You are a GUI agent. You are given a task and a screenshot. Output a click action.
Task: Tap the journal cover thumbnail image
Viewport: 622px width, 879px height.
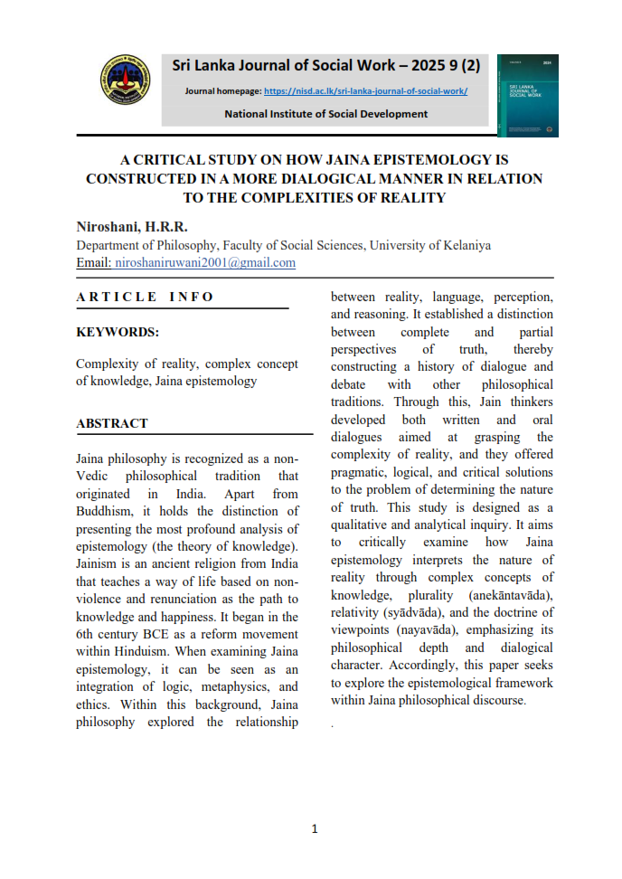click(527, 95)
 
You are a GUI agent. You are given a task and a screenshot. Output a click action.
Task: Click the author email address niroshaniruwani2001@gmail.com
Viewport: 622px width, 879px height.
click(205, 263)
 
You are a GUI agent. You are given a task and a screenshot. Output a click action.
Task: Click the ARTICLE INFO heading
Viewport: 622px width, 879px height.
click(146, 297)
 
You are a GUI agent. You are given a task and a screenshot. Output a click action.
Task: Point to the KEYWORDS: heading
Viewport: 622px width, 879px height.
click(118, 332)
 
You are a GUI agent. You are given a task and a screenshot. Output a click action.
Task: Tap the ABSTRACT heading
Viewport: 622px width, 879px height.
click(112, 422)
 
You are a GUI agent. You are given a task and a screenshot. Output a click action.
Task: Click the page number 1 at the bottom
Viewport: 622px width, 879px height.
click(314, 829)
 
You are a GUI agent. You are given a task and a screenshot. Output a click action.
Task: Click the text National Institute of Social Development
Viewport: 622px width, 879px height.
click(326, 114)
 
